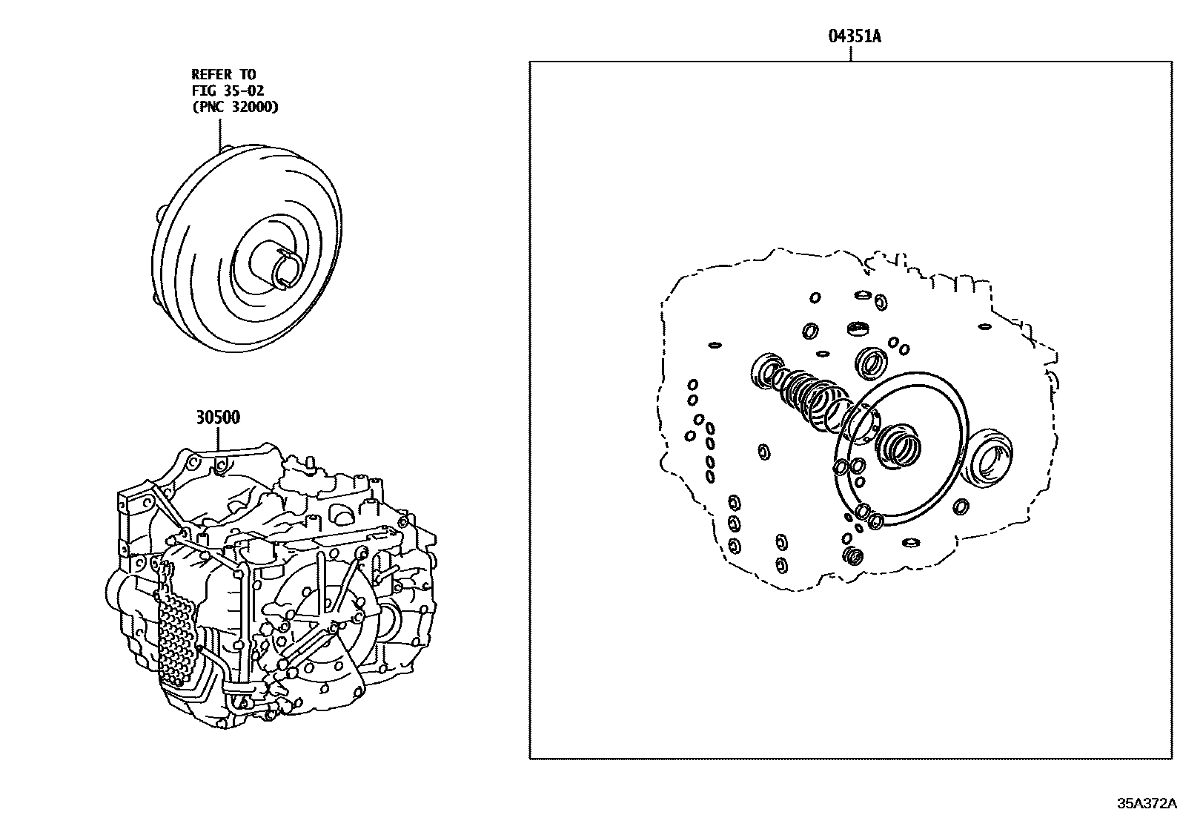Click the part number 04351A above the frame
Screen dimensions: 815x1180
tap(853, 36)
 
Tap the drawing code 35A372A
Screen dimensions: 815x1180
tap(1147, 803)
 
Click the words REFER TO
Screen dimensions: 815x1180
tap(223, 74)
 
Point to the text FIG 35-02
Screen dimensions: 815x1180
tap(228, 90)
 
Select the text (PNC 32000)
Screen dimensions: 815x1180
tap(235, 107)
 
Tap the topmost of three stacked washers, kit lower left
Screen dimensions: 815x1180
tap(733, 502)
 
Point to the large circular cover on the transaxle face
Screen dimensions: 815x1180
tap(326, 623)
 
